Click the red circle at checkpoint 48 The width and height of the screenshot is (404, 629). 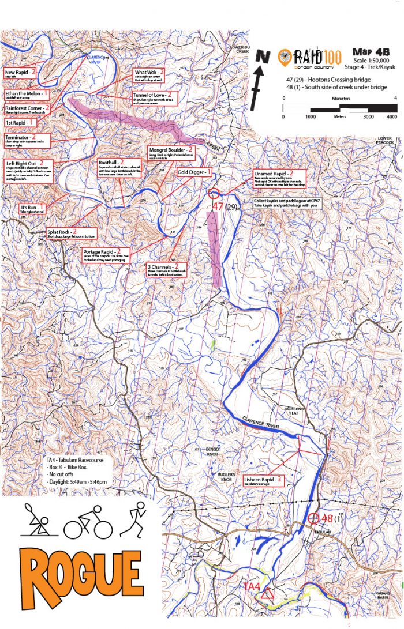313,518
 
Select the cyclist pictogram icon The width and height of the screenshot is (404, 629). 87,522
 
